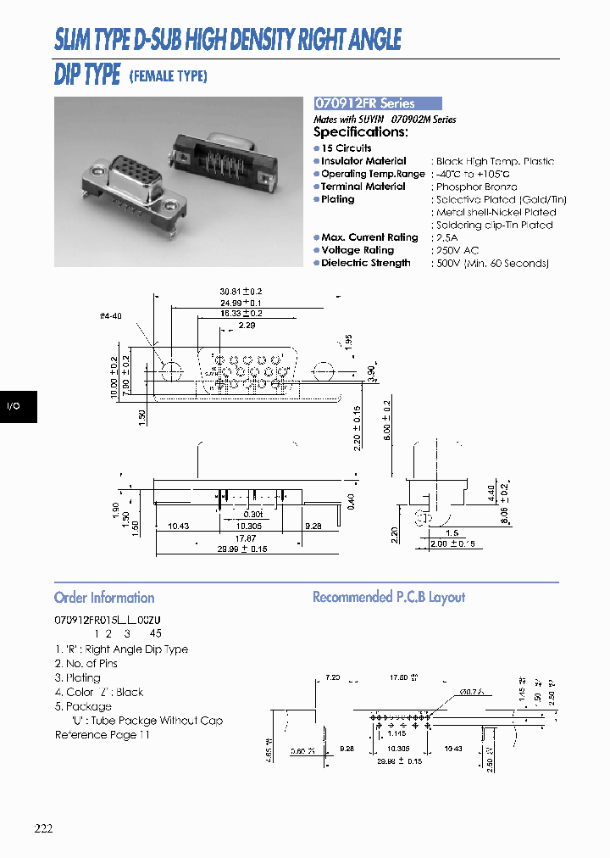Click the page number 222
coord(44,828)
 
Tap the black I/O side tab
coord(14,406)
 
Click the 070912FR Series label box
coord(377,103)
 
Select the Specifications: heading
coord(360,132)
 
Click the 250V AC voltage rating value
coord(457,251)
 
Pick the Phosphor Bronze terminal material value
coord(476,187)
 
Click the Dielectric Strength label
coord(365,264)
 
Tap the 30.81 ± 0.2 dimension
coord(241,292)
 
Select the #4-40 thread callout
coord(110,316)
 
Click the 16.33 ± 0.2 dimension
coord(241,313)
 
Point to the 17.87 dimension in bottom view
coord(245,538)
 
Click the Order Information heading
coord(104,598)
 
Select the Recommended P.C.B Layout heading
coord(389,598)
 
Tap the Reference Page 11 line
coord(102,735)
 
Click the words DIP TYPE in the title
coord(87,75)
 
